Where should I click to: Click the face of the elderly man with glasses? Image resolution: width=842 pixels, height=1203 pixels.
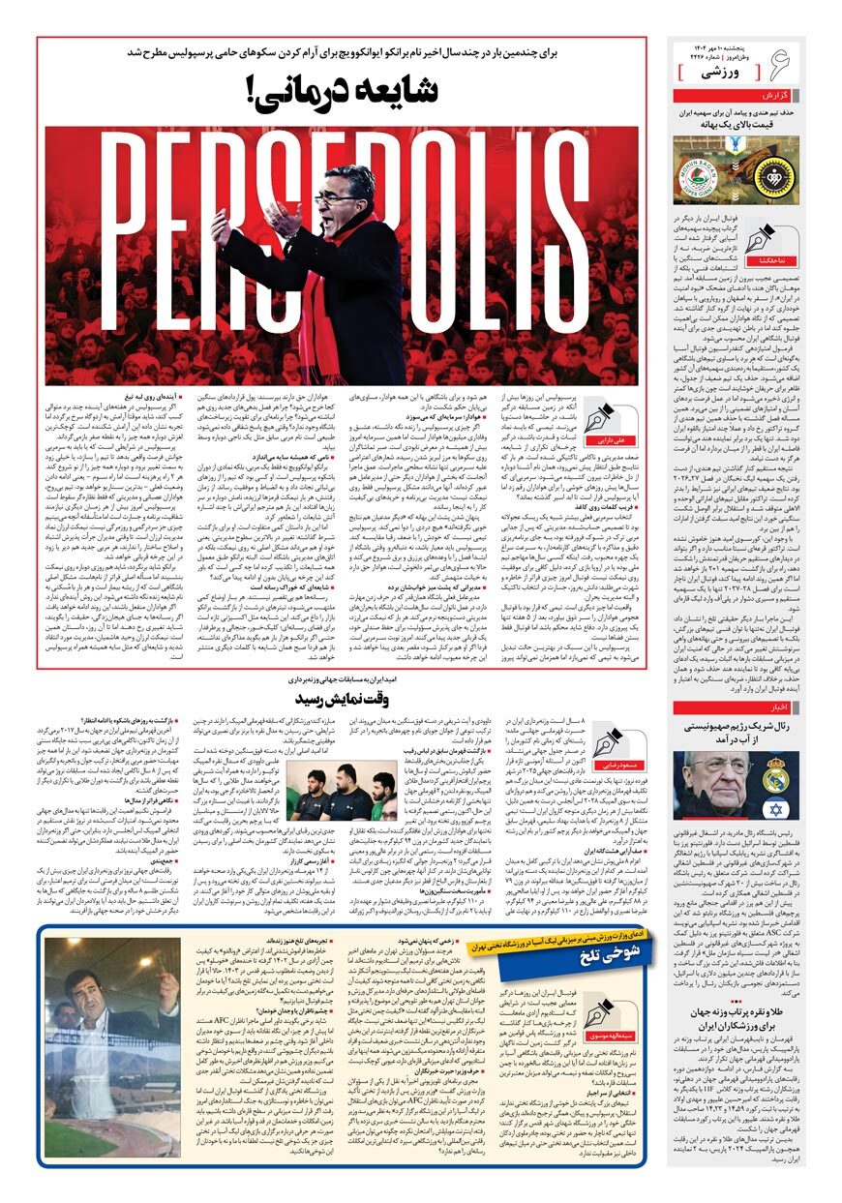tap(716, 773)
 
